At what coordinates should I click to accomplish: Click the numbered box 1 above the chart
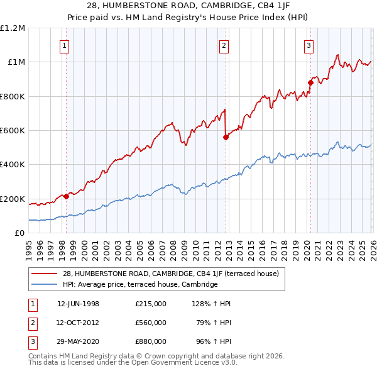point(65,45)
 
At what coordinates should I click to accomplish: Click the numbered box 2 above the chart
point(224,45)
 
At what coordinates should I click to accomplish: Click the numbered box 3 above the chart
point(309,45)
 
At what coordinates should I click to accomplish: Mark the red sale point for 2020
point(310,82)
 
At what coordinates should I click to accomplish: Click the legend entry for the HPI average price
point(139,284)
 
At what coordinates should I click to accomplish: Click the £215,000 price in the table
point(150,304)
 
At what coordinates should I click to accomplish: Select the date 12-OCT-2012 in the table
point(78,323)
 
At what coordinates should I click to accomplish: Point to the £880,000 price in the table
point(150,341)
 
